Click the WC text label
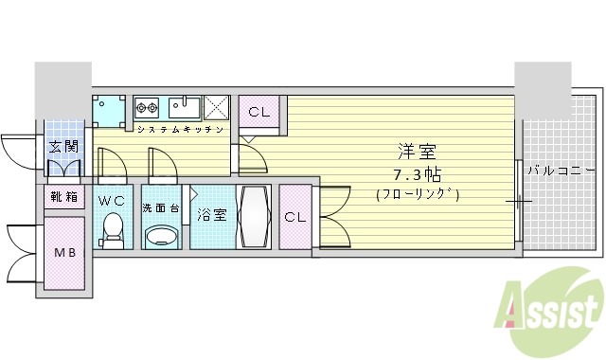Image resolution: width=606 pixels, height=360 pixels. click(x=111, y=200)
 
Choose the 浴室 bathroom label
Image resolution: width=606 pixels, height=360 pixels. click(x=211, y=214)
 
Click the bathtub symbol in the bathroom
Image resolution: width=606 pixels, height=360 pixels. click(x=253, y=216)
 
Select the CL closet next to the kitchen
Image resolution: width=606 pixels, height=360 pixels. click(x=258, y=112)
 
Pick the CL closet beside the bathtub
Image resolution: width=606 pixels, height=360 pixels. click(x=294, y=217)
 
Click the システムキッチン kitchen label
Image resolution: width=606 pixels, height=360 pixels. click(x=180, y=129)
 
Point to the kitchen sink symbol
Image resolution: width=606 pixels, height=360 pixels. click(x=183, y=106)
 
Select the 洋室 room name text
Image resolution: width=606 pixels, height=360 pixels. click(x=416, y=151)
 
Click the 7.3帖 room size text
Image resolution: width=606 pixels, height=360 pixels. click(x=417, y=174)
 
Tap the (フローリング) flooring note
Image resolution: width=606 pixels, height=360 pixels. click(x=418, y=195)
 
